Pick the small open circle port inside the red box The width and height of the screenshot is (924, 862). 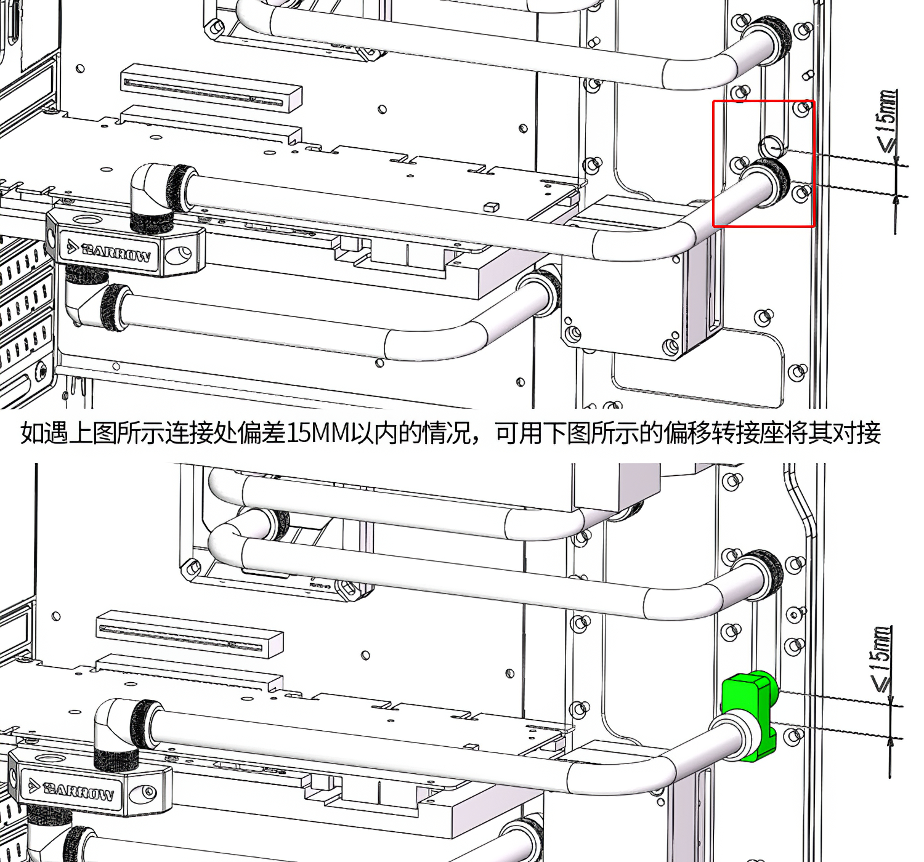tap(771, 147)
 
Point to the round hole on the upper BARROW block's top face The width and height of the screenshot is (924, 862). tap(86, 219)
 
